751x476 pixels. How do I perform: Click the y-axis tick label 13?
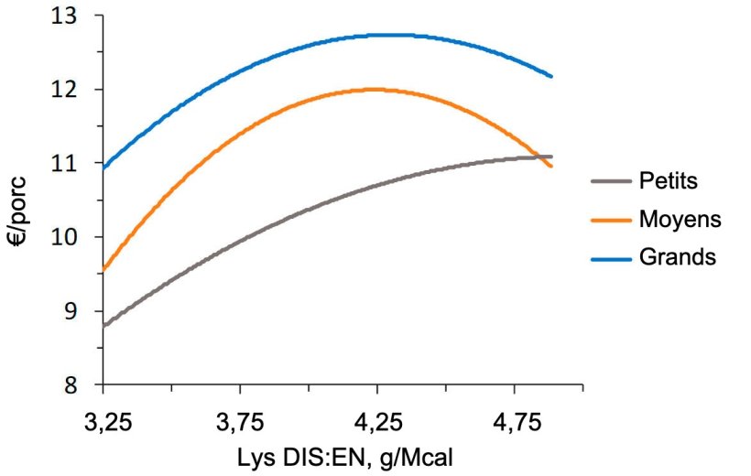(x=68, y=17)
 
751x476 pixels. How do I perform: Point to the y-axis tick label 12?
(x=68, y=91)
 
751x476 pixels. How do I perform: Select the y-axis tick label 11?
(x=68, y=164)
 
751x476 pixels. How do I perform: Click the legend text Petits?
(x=668, y=181)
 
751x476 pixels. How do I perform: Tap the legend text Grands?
(x=677, y=257)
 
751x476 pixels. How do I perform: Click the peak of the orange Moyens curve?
(x=374, y=89)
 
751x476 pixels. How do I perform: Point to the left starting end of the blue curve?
(x=104, y=168)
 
